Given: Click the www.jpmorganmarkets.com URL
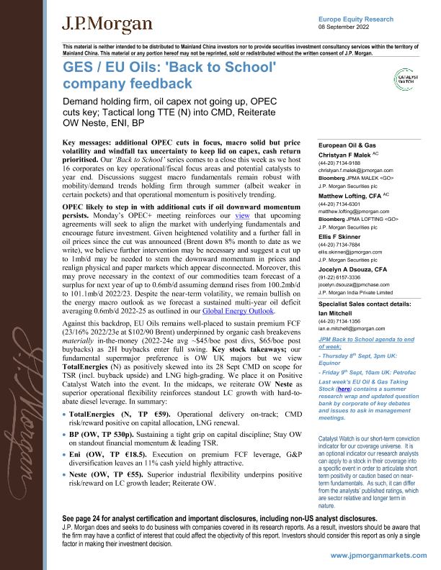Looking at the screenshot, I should click(380, 556).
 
